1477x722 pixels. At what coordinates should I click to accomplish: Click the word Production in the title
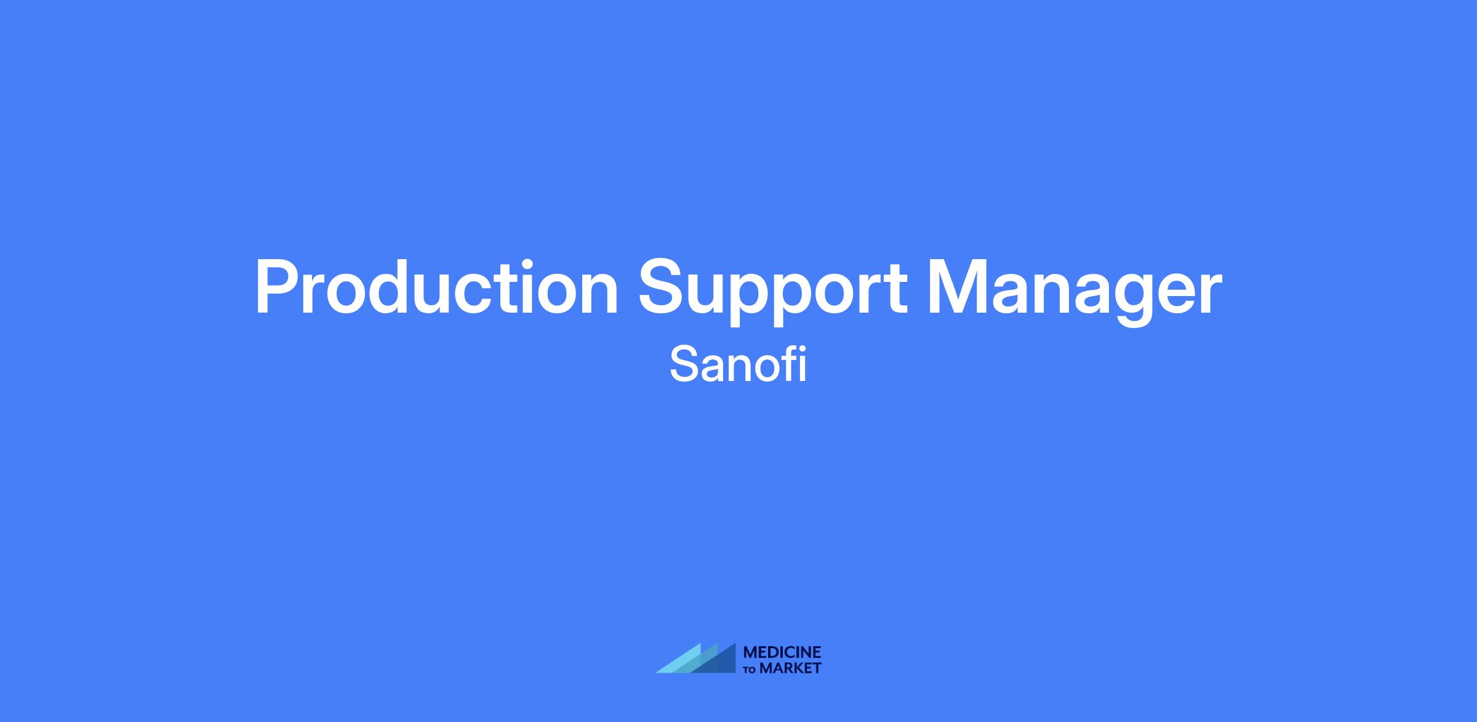click(x=436, y=287)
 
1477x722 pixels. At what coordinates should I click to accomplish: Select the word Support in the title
click(x=773, y=292)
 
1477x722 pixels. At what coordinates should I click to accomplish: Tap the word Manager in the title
click(x=1075, y=292)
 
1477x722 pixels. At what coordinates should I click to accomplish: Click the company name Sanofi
click(x=738, y=364)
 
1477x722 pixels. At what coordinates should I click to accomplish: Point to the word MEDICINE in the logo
click(x=782, y=652)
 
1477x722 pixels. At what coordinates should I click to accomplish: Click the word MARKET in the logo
click(x=791, y=668)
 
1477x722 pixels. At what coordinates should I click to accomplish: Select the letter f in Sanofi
click(x=788, y=364)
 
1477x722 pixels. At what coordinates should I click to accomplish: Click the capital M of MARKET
click(x=766, y=668)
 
